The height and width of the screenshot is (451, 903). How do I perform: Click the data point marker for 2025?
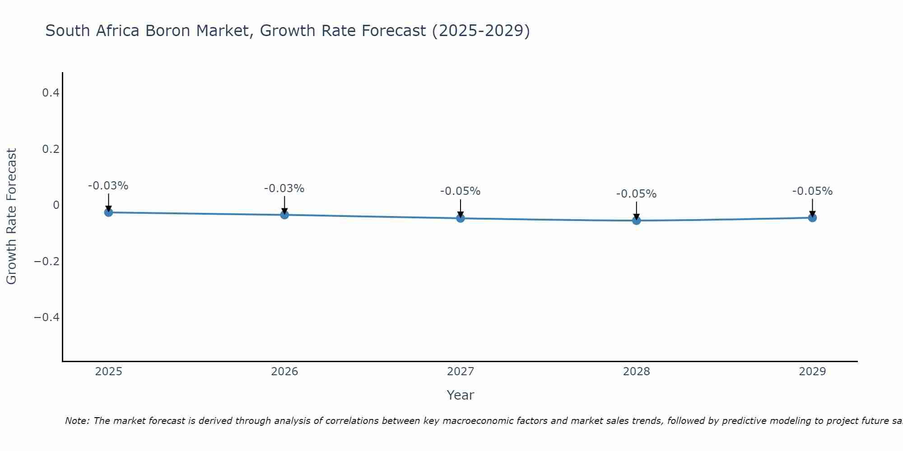click(108, 212)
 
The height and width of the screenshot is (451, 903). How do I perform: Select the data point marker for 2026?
click(284, 215)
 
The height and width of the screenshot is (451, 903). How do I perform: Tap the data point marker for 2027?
click(461, 218)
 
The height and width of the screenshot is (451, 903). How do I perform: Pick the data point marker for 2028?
click(637, 221)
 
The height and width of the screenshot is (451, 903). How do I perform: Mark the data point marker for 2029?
click(812, 218)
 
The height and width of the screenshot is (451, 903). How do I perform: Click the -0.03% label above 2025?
click(108, 186)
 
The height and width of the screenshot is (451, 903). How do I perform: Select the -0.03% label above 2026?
click(284, 189)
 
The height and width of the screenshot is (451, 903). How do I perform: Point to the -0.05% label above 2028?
click(637, 194)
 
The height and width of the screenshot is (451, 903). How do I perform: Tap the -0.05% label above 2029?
click(812, 191)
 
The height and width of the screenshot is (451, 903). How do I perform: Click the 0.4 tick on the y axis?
click(51, 93)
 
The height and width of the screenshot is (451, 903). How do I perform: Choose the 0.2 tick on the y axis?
click(51, 149)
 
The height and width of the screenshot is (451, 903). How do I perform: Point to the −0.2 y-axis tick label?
click(47, 261)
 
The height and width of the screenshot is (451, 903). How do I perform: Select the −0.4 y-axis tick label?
click(47, 317)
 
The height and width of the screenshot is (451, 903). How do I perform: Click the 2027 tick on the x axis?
click(461, 372)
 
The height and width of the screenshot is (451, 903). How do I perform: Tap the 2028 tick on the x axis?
click(637, 372)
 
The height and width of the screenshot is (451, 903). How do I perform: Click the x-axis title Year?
click(461, 395)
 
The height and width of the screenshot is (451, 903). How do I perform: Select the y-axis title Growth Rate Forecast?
click(11, 216)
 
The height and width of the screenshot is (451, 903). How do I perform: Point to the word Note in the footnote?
click(77, 421)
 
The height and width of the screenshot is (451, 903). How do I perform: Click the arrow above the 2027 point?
click(461, 208)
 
